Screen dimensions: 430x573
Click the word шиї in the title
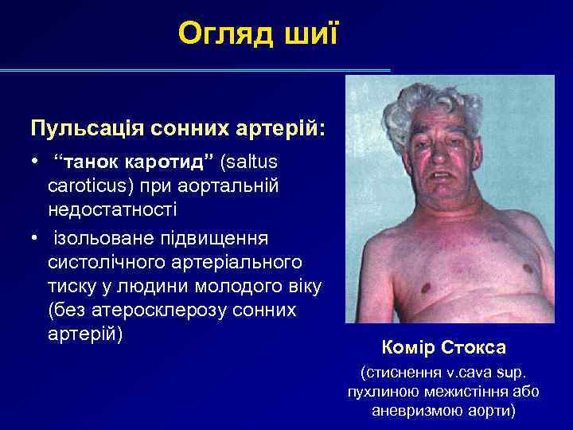tap(314, 33)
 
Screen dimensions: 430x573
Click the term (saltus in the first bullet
tap(250, 162)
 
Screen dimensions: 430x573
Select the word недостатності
tap(112, 209)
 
